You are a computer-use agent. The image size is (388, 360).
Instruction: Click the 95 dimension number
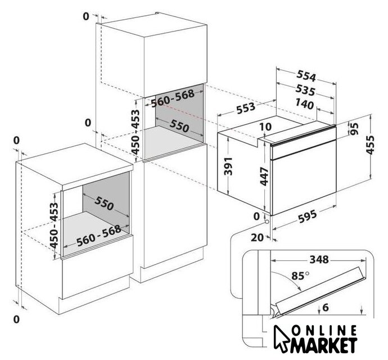[x=354, y=128]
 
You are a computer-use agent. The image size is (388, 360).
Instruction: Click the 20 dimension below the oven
[x=258, y=237]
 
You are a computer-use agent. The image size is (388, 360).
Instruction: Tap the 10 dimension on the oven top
[x=266, y=128]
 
